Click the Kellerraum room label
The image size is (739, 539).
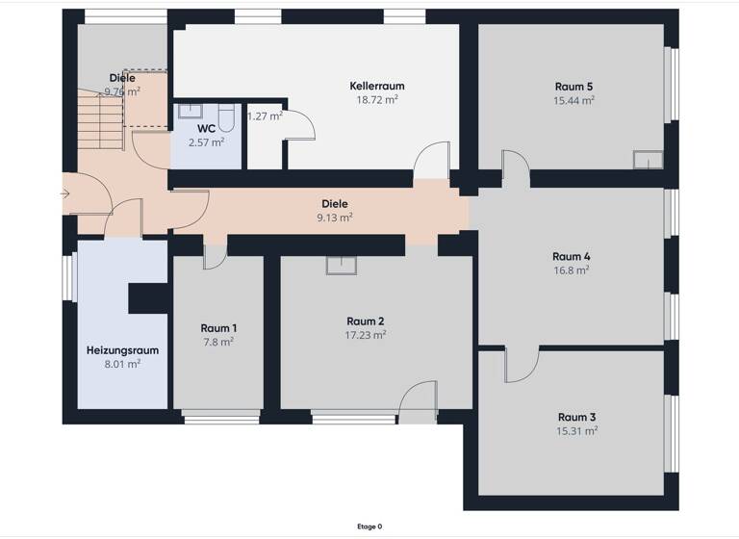tap(374, 86)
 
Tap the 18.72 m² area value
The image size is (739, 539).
tap(377, 99)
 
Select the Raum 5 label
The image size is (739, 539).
tap(573, 87)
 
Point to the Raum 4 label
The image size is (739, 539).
tap(572, 256)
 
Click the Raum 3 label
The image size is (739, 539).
tap(577, 417)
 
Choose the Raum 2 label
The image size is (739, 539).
tap(366, 321)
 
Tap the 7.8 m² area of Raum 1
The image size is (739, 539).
tap(217, 342)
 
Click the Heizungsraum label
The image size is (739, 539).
tap(122, 350)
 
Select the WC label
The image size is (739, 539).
tap(206, 128)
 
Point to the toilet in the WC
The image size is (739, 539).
tap(226, 117)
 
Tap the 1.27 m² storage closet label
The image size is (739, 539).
tap(265, 116)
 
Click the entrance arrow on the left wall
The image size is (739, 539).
tap(64, 194)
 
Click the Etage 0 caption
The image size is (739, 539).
tap(369, 526)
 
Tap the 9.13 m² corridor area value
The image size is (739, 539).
tap(335, 218)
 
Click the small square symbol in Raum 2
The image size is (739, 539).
tap(341, 263)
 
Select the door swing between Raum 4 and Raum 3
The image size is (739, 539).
tap(520, 364)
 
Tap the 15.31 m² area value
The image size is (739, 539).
tap(577, 430)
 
